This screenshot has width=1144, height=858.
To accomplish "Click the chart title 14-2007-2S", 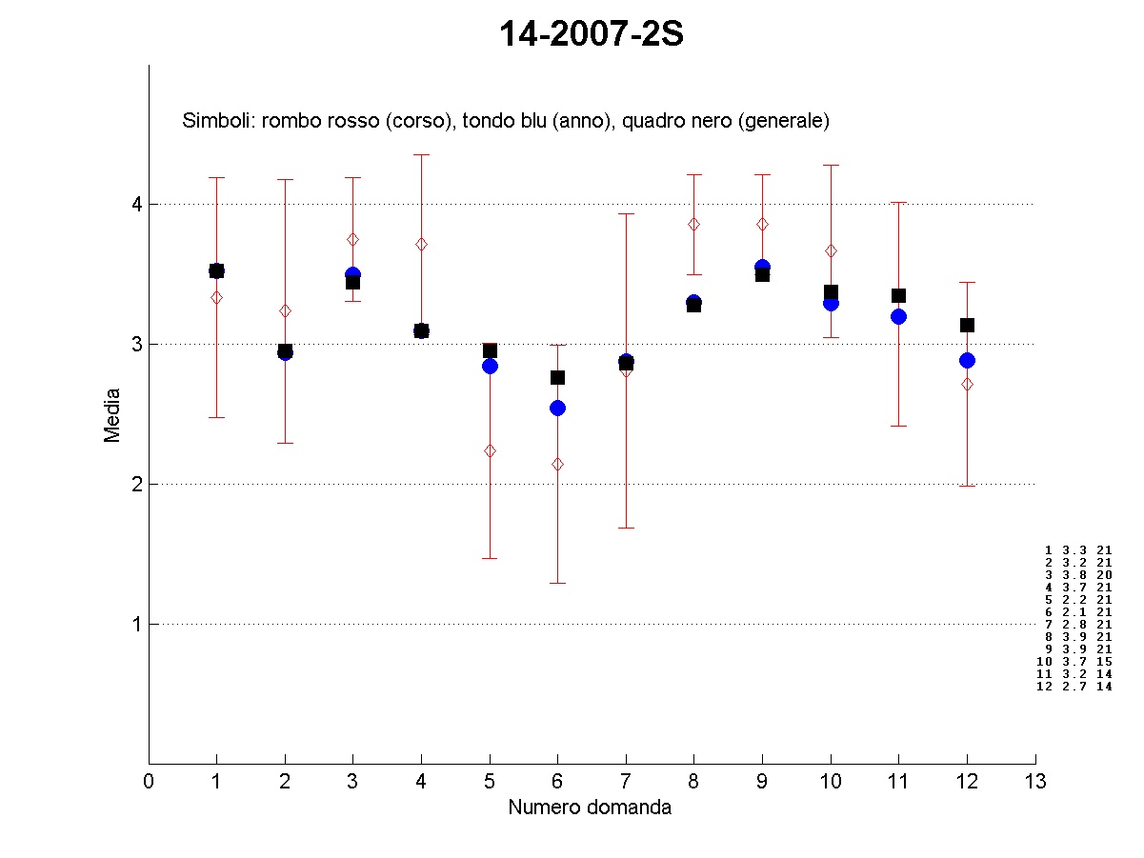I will point(592,35).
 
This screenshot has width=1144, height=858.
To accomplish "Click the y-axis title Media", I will point(112,414).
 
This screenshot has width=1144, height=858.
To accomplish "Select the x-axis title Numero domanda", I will point(590,808).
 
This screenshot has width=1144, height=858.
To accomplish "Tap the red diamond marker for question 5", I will point(490,450).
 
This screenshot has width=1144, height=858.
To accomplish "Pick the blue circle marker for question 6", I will point(558,408).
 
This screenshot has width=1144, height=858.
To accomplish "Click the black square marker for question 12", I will point(967,325).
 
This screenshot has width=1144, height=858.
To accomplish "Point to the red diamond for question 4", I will point(421,244).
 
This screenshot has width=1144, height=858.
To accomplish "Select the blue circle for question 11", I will point(898,316).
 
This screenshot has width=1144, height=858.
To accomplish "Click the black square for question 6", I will point(558,377).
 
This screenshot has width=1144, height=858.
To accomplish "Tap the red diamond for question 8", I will point(693,224).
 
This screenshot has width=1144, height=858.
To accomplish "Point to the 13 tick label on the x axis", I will point(1035,782).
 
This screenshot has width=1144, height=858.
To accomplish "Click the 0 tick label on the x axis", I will point(149,782).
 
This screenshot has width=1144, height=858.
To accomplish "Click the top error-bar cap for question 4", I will point(421,154).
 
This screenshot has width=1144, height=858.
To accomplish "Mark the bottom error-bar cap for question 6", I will point(558,583).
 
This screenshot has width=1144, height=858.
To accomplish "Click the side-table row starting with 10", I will point(1074,661).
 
